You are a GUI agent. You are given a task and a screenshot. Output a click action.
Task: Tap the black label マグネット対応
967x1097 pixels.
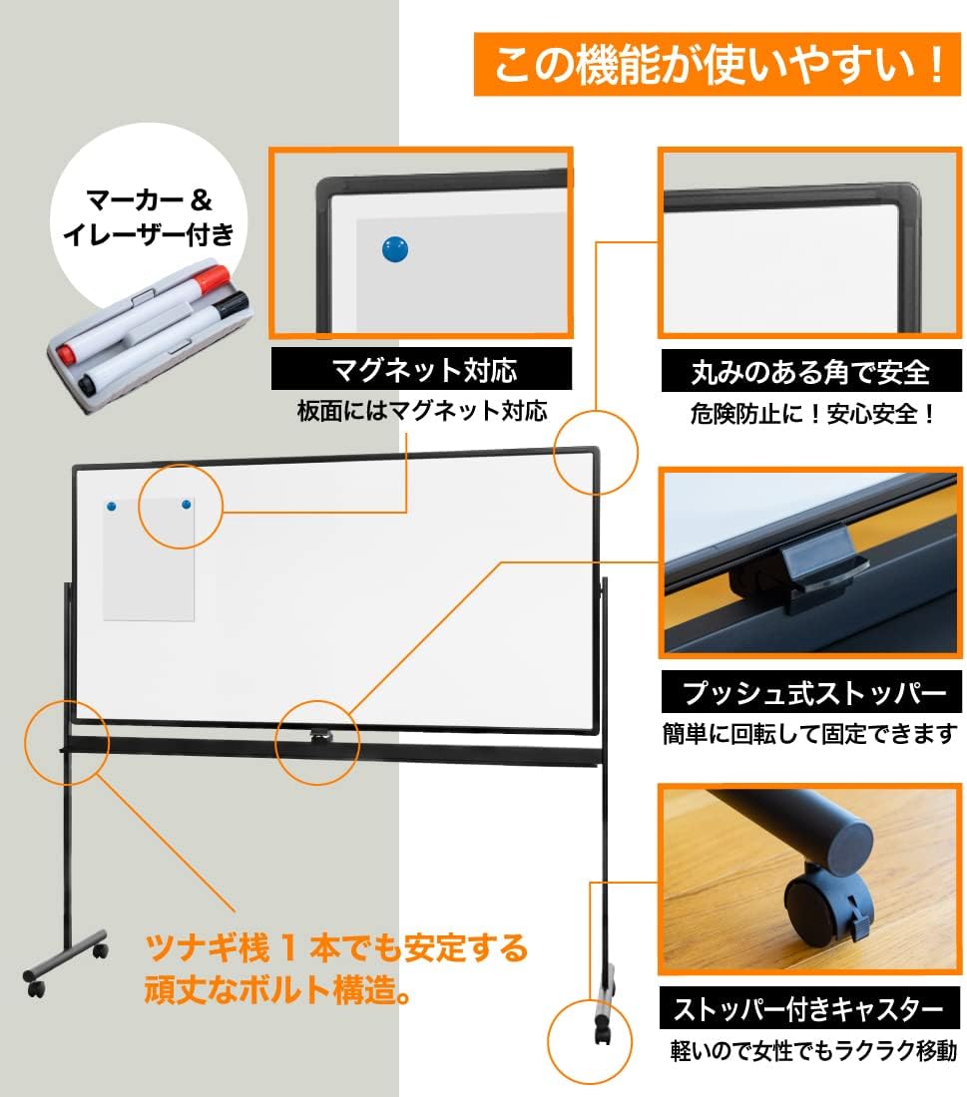pyautogui.click(x=422, y=370)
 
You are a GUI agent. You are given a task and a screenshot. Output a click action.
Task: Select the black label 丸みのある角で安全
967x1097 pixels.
pyautogui.click(x=809, y=372)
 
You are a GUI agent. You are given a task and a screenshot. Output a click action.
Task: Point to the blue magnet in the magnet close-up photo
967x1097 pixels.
pyautogui.click(x=396, y=248)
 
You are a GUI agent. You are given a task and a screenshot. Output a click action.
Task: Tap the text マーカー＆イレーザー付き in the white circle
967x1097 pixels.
pyautogui.click(x=149, y=216)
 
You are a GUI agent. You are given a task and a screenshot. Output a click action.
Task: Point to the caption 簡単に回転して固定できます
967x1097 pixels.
pyautogui.click(x=810, y=734)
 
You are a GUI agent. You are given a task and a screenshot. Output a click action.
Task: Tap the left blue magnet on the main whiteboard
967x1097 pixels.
pyautogui.click(x=111, y=509)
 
